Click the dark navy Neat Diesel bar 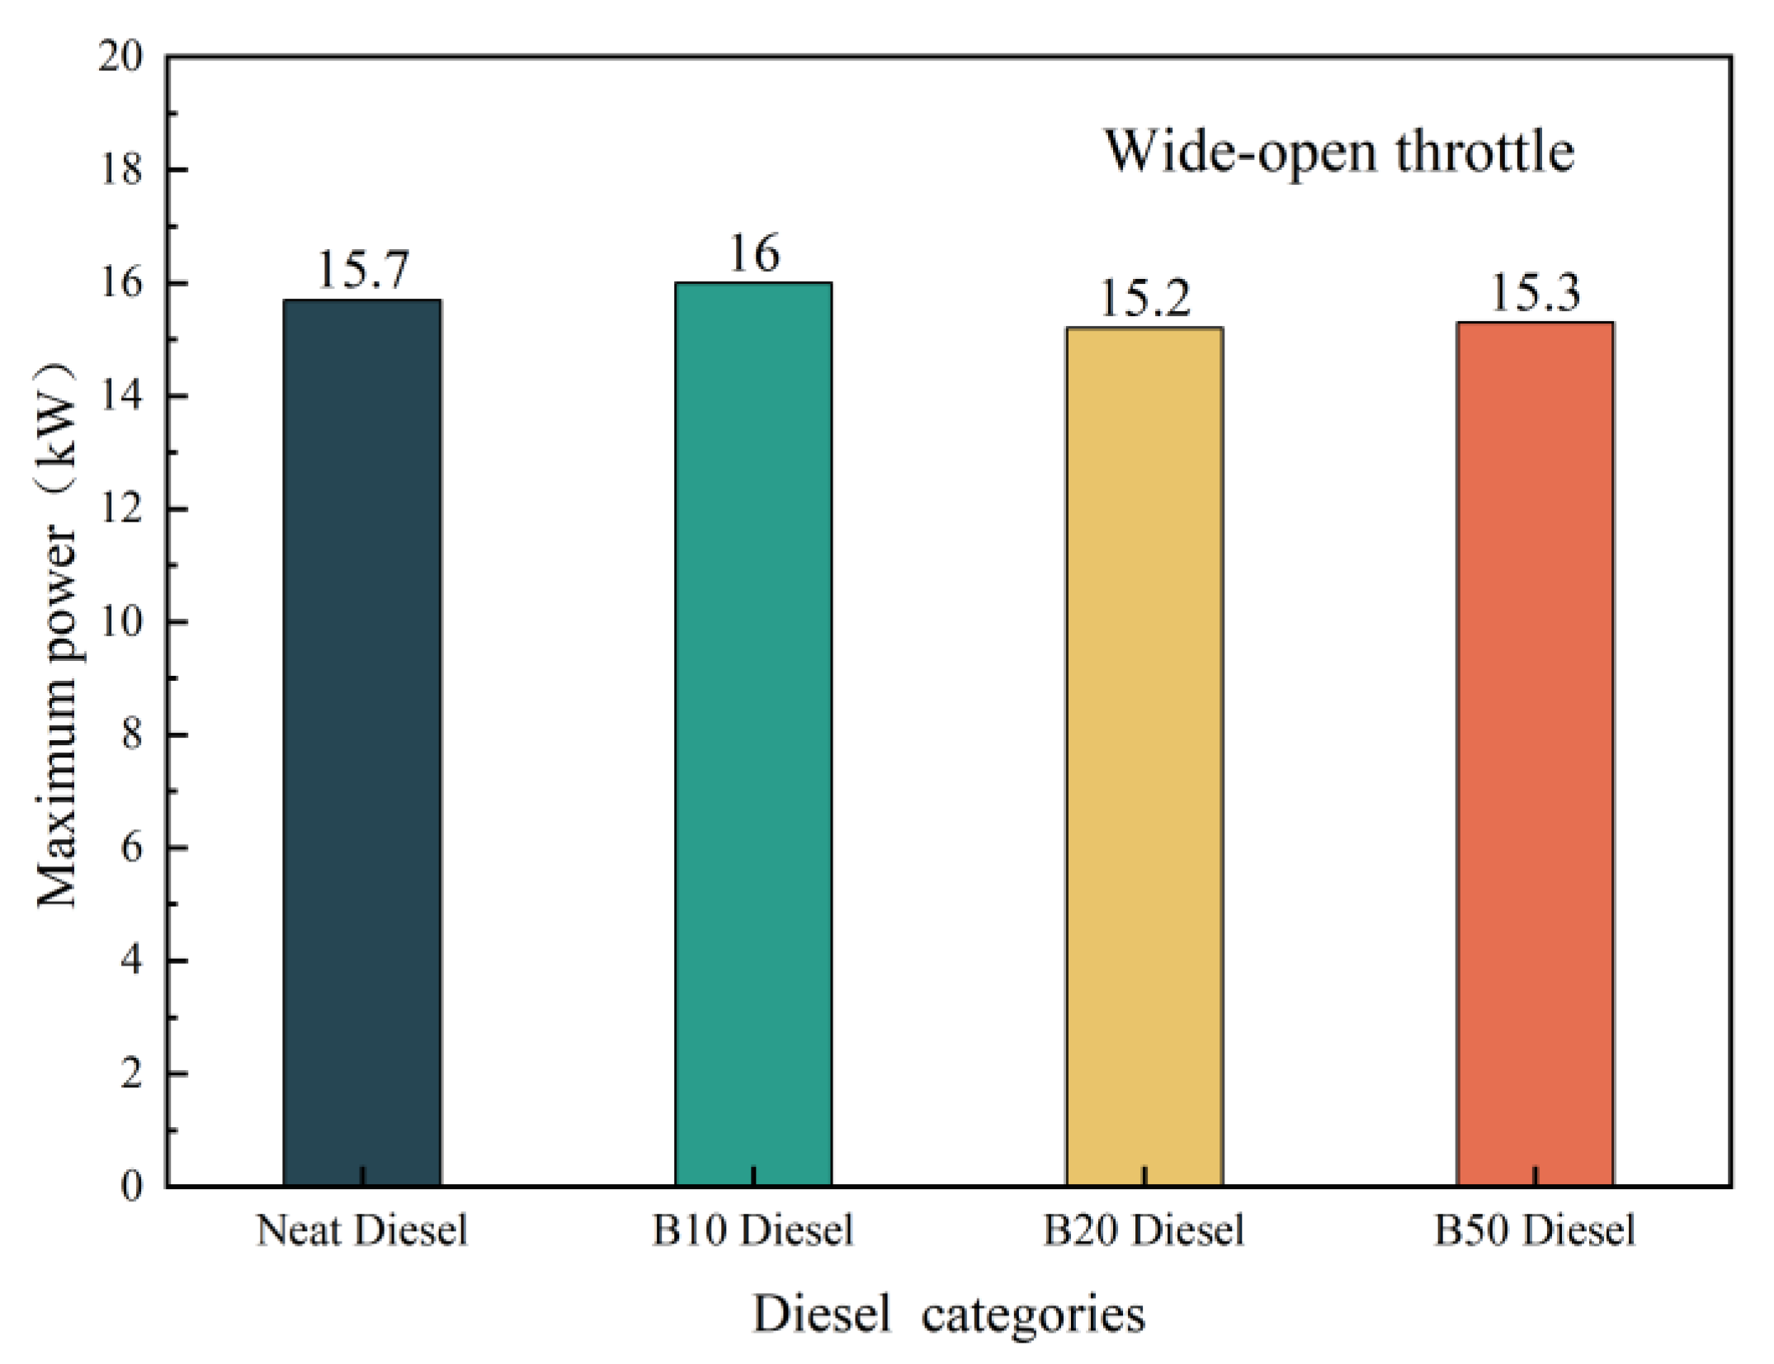(x=361, y=743)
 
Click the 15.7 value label (x=362, y=270)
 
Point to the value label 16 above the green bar (x=753, y=253)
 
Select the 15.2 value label (x=1145, y=298)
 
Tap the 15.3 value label (x=1535, y=293)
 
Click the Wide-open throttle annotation (x=1338, y=152)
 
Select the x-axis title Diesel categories (x=949, y=1314)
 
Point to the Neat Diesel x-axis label (x=361, y=1230)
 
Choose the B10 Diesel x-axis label (x=753, y=1230)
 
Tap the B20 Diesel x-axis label (x=1144, y=1230)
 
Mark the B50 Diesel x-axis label (x=1535, y=1230)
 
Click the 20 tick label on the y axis (x=120, y=57)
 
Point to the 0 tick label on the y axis (x=131, y=1187)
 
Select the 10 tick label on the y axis (x=120, y=621)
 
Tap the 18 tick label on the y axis (x=120, y=170)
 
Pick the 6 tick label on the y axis (x=131, y=847)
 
